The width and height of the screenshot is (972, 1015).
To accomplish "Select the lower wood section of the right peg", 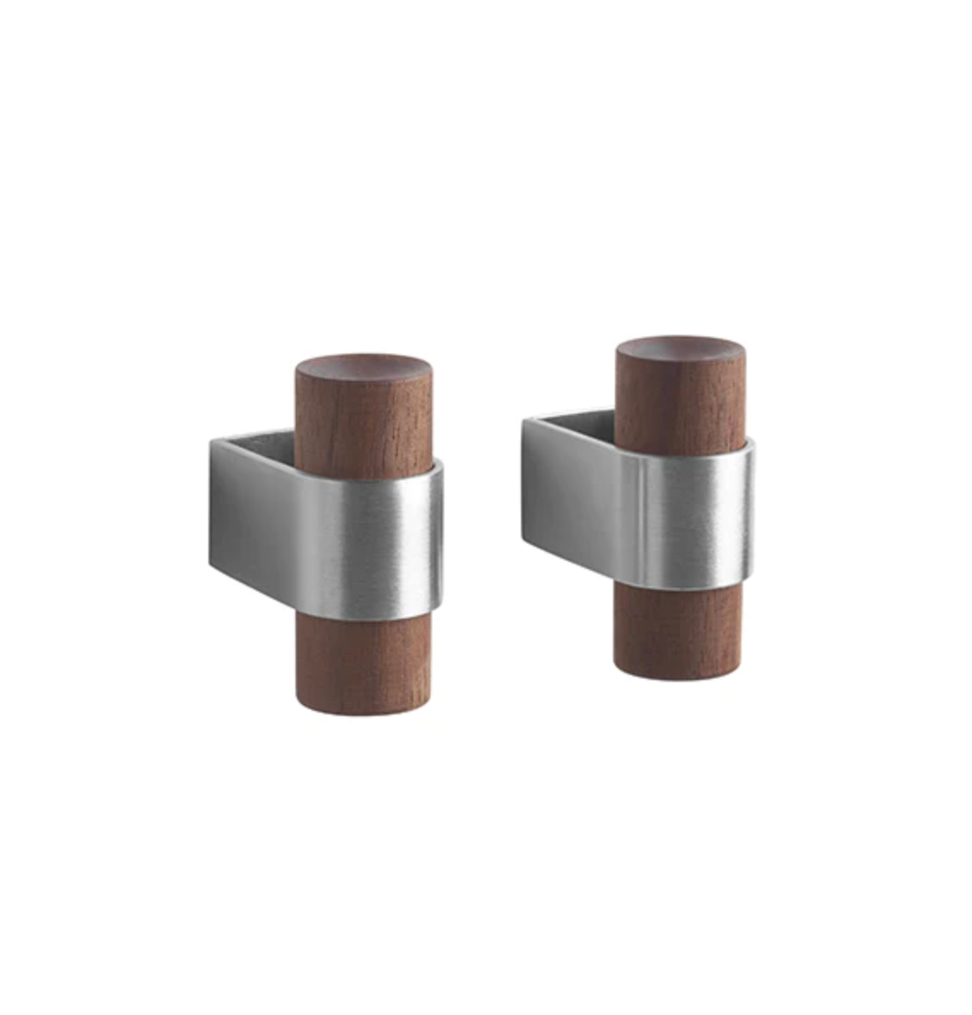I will (x=670, y=632).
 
